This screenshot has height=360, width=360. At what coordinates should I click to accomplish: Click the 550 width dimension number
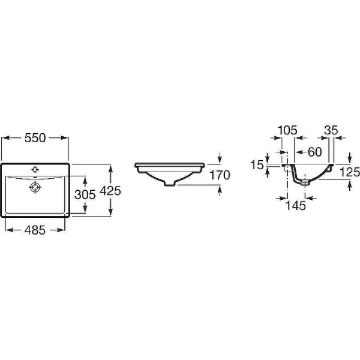tap(35, 138)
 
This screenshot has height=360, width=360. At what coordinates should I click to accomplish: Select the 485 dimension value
tap(35, 230)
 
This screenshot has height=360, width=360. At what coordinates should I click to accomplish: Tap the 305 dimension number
tap(85, 194)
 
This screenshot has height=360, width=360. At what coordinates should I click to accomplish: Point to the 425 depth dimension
tap(111, 191)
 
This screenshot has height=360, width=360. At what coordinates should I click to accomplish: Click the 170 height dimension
tap(220, 175)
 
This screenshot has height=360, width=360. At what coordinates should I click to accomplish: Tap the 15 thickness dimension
tap(258, 165)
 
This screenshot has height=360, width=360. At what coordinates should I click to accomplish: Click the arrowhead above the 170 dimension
tap(220, 160)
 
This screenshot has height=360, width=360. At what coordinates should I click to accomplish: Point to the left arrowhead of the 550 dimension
tap(5, 138)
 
